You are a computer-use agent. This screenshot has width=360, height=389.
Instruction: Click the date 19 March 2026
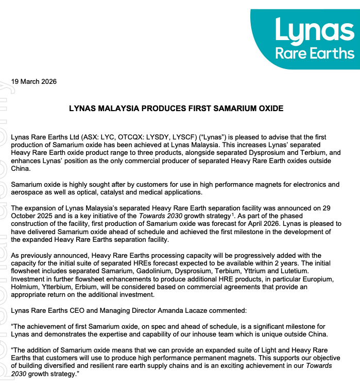click(34, 81)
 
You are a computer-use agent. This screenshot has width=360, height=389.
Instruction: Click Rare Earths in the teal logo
click(315, 53)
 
